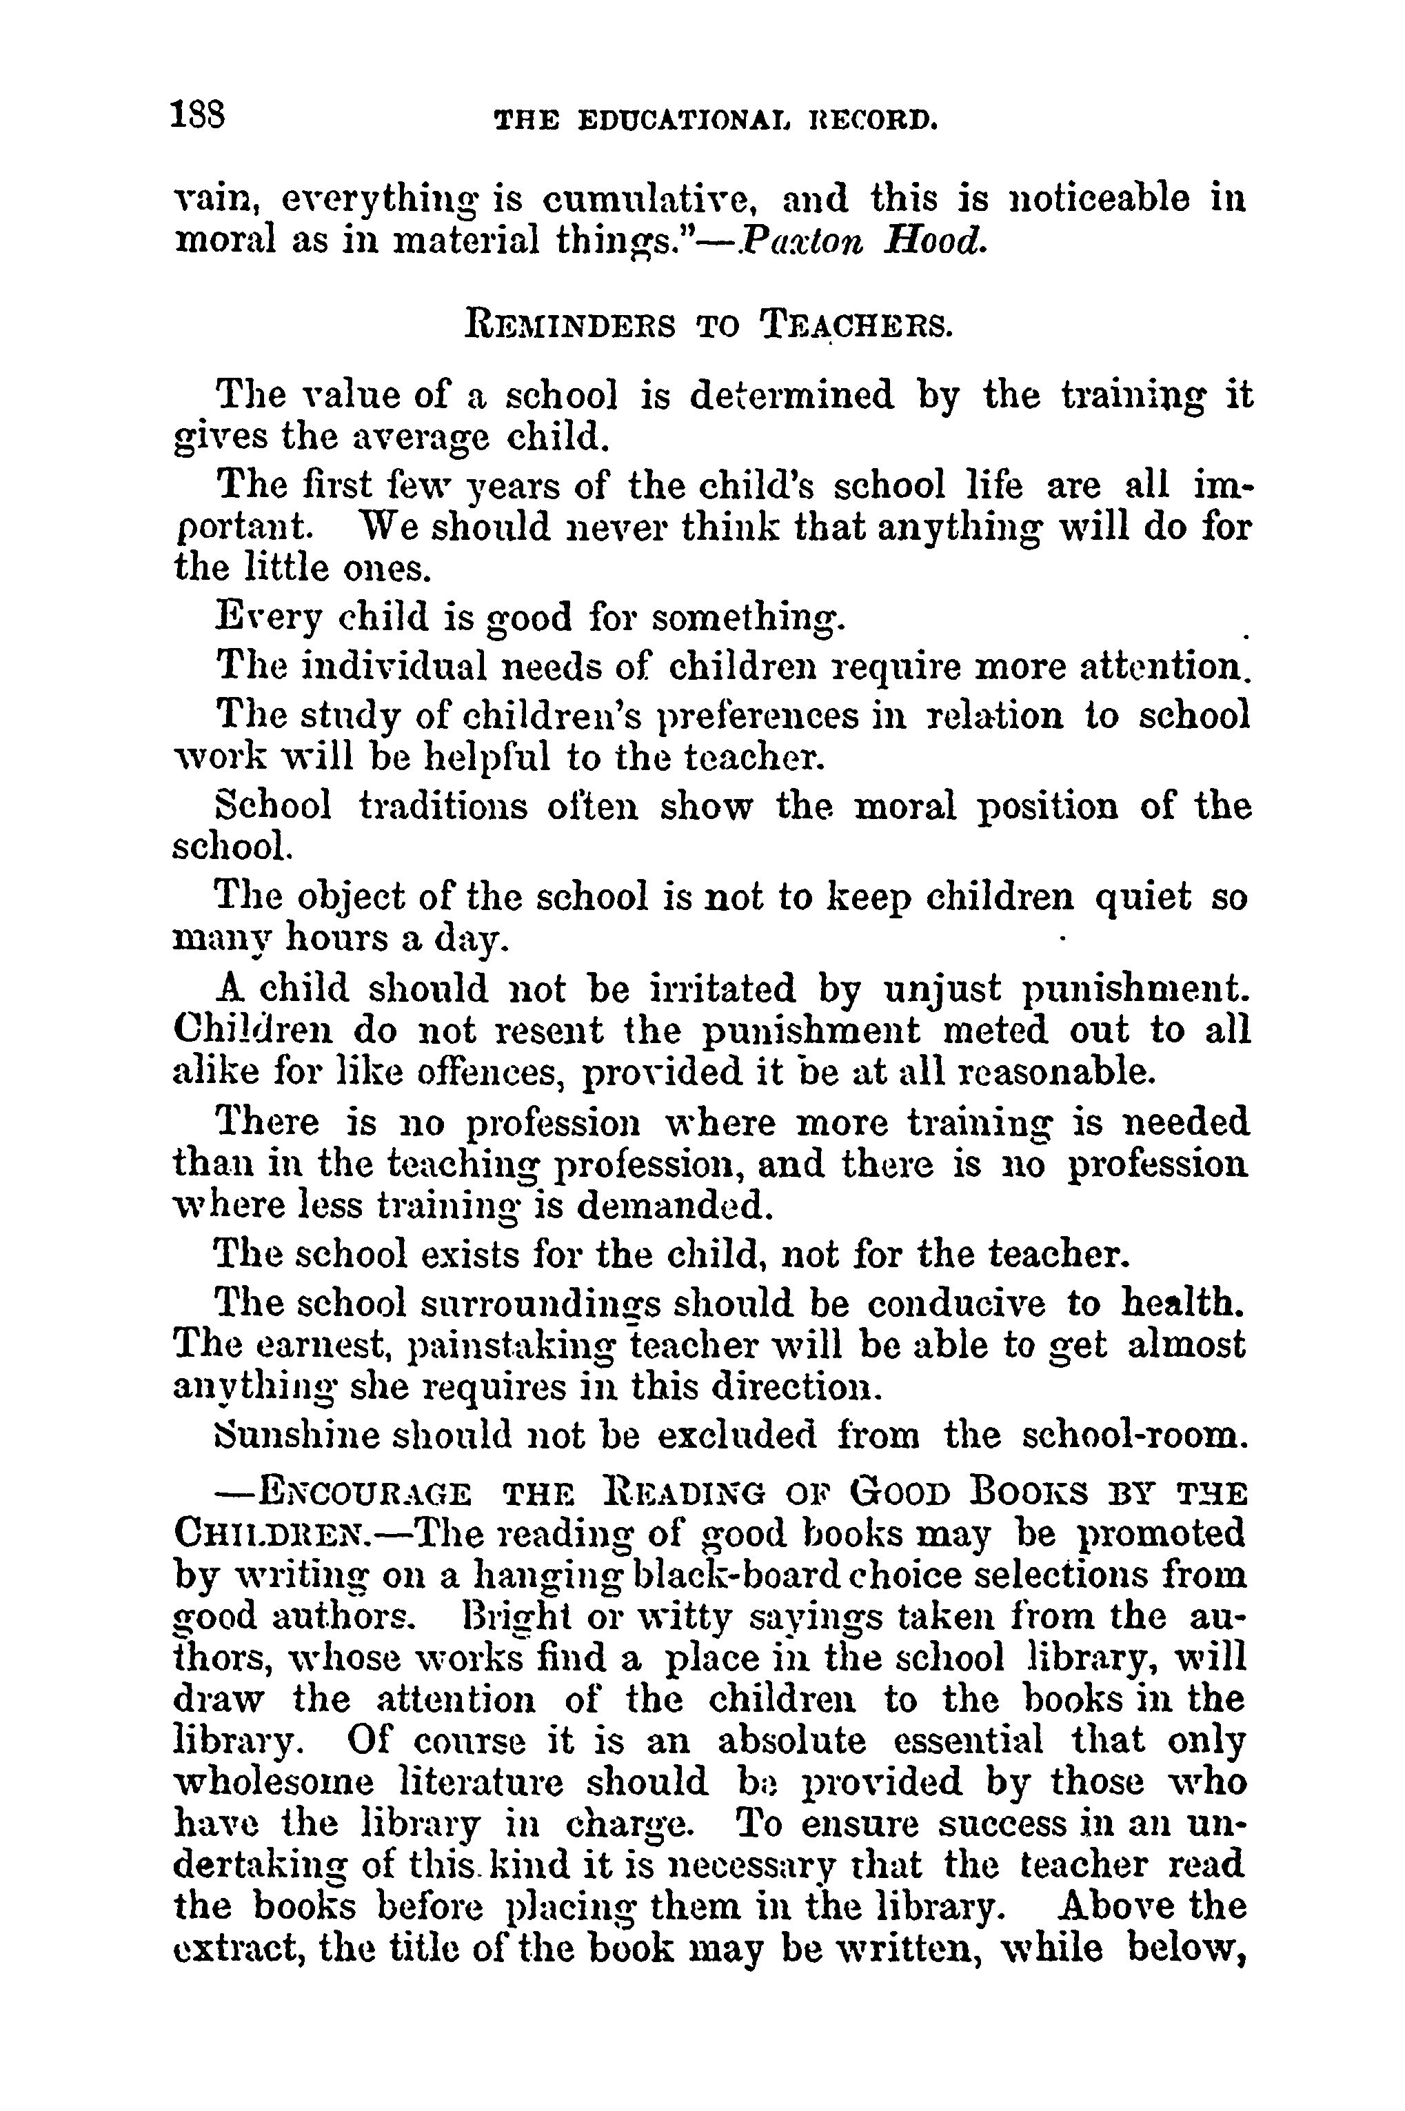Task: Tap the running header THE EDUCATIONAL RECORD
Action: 716,119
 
